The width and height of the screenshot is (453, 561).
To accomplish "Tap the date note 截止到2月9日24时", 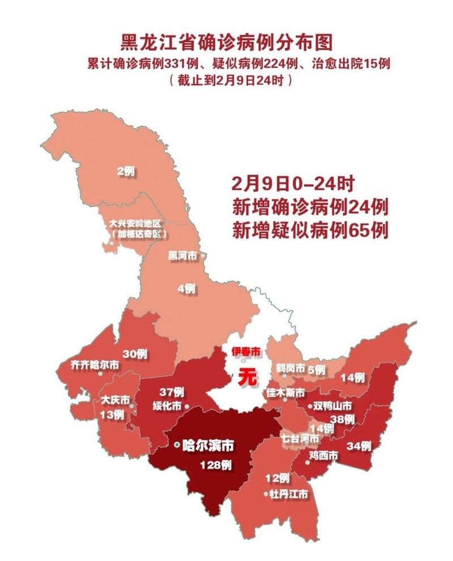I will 230,80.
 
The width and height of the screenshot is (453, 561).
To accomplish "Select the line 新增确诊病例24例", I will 309,207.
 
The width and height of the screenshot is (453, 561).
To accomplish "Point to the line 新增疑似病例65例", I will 309,231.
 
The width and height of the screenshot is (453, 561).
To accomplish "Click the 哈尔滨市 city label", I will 209,446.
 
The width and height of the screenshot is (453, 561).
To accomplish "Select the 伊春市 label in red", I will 246,352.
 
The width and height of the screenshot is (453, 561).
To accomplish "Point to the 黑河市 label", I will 183,256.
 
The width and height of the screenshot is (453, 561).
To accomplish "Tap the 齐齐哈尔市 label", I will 93,366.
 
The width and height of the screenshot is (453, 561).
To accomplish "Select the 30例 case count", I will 135,354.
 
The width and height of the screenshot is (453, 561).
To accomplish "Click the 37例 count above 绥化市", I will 172,392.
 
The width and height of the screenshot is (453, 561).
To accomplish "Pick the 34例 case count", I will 359,446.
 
